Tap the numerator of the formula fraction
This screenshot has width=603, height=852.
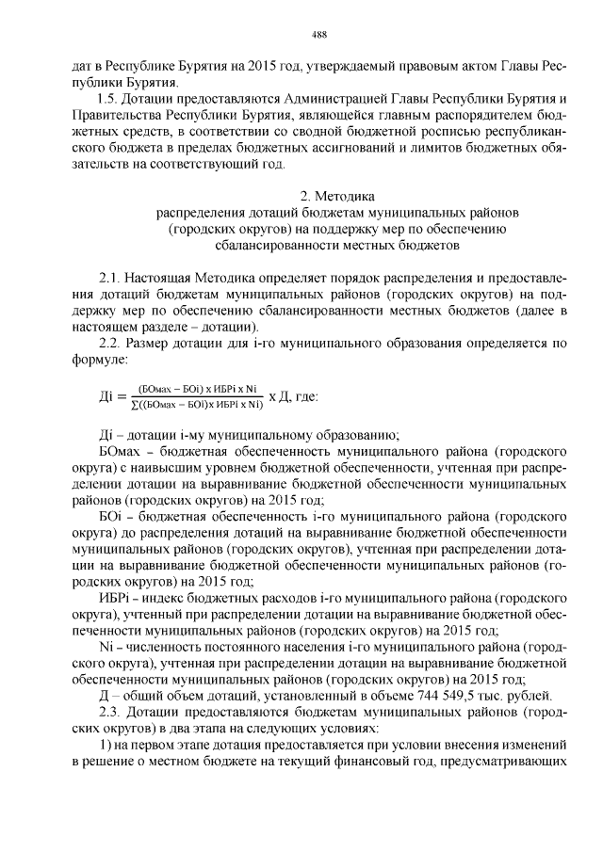(x=197, y=387)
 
